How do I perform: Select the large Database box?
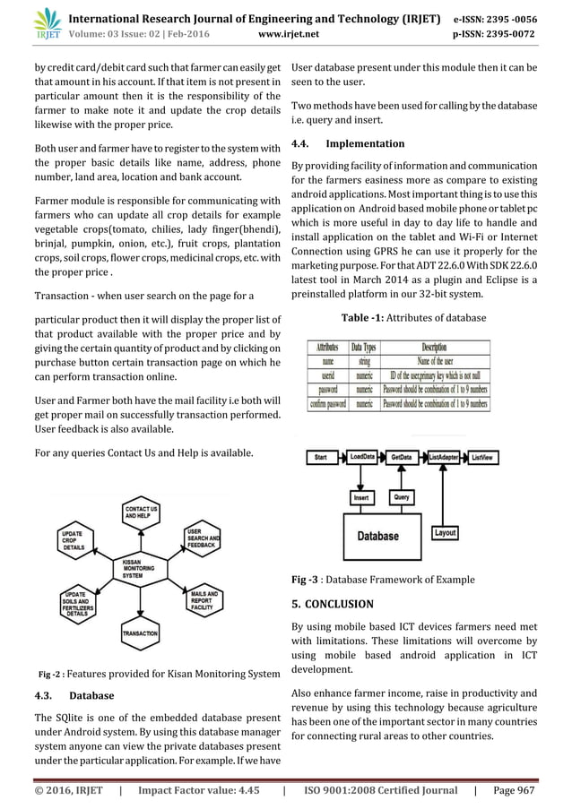[378, 536]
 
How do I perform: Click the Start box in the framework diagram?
[320, 458]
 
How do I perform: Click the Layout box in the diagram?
[445, 533]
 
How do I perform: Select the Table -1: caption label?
[365, 318]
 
